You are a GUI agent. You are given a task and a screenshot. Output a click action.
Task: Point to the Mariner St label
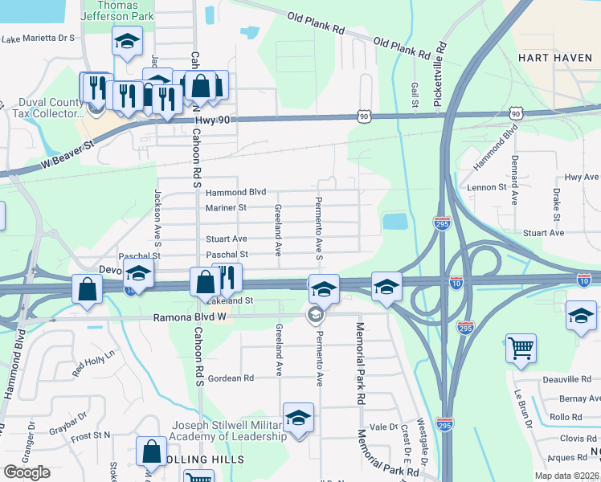226,207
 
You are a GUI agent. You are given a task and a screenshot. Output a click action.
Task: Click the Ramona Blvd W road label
191,317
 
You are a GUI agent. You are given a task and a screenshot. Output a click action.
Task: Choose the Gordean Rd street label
231,378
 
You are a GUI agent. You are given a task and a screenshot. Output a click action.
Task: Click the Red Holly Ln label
94,362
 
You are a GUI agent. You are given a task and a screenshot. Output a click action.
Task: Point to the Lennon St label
485,187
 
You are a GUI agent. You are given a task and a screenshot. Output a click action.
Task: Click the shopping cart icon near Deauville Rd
521,348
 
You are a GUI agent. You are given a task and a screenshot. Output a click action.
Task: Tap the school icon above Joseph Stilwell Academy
298,417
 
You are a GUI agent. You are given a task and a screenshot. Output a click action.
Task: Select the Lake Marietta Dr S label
38,38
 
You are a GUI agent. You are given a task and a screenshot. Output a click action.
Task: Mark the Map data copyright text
565,476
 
